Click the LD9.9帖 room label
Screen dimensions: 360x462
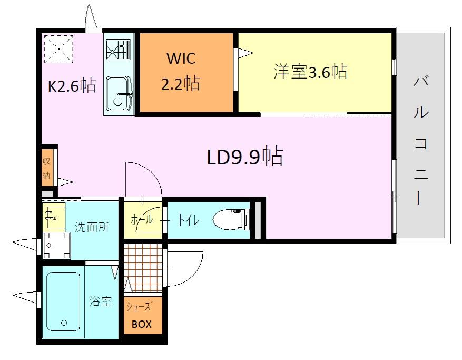(x=245, y=157)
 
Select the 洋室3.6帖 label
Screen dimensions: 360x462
(x=310, y=72)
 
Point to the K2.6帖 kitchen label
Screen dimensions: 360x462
(x=72, y=85)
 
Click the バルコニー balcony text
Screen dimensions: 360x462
(x=421, y=140)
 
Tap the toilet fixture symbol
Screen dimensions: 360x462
(x=231, y=219)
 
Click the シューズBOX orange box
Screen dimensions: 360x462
(x=141, y=316)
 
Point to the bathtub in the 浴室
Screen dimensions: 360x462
(x=63, y=300)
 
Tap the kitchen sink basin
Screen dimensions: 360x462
(x=119, y=94)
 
